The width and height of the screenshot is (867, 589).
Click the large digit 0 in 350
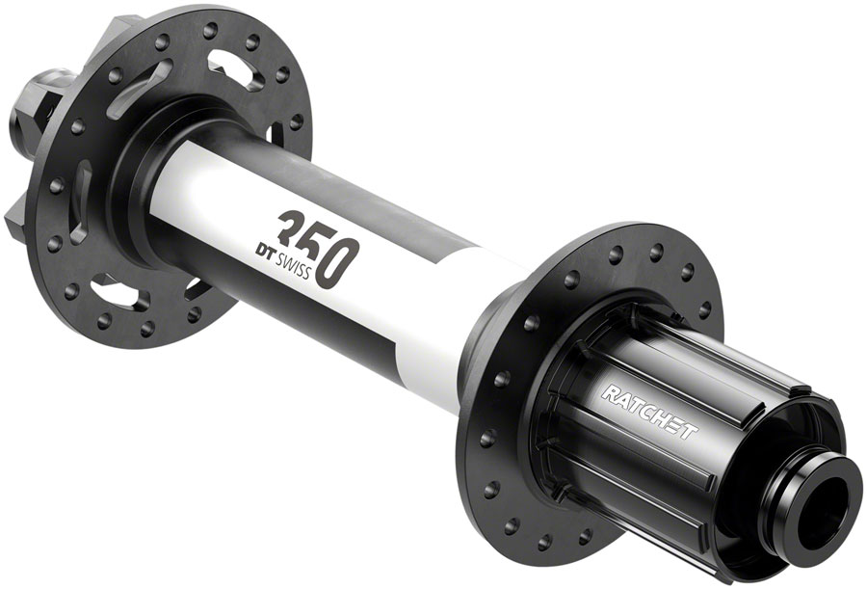point(344,262)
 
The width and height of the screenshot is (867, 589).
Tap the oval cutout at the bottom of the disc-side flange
point(118,291)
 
